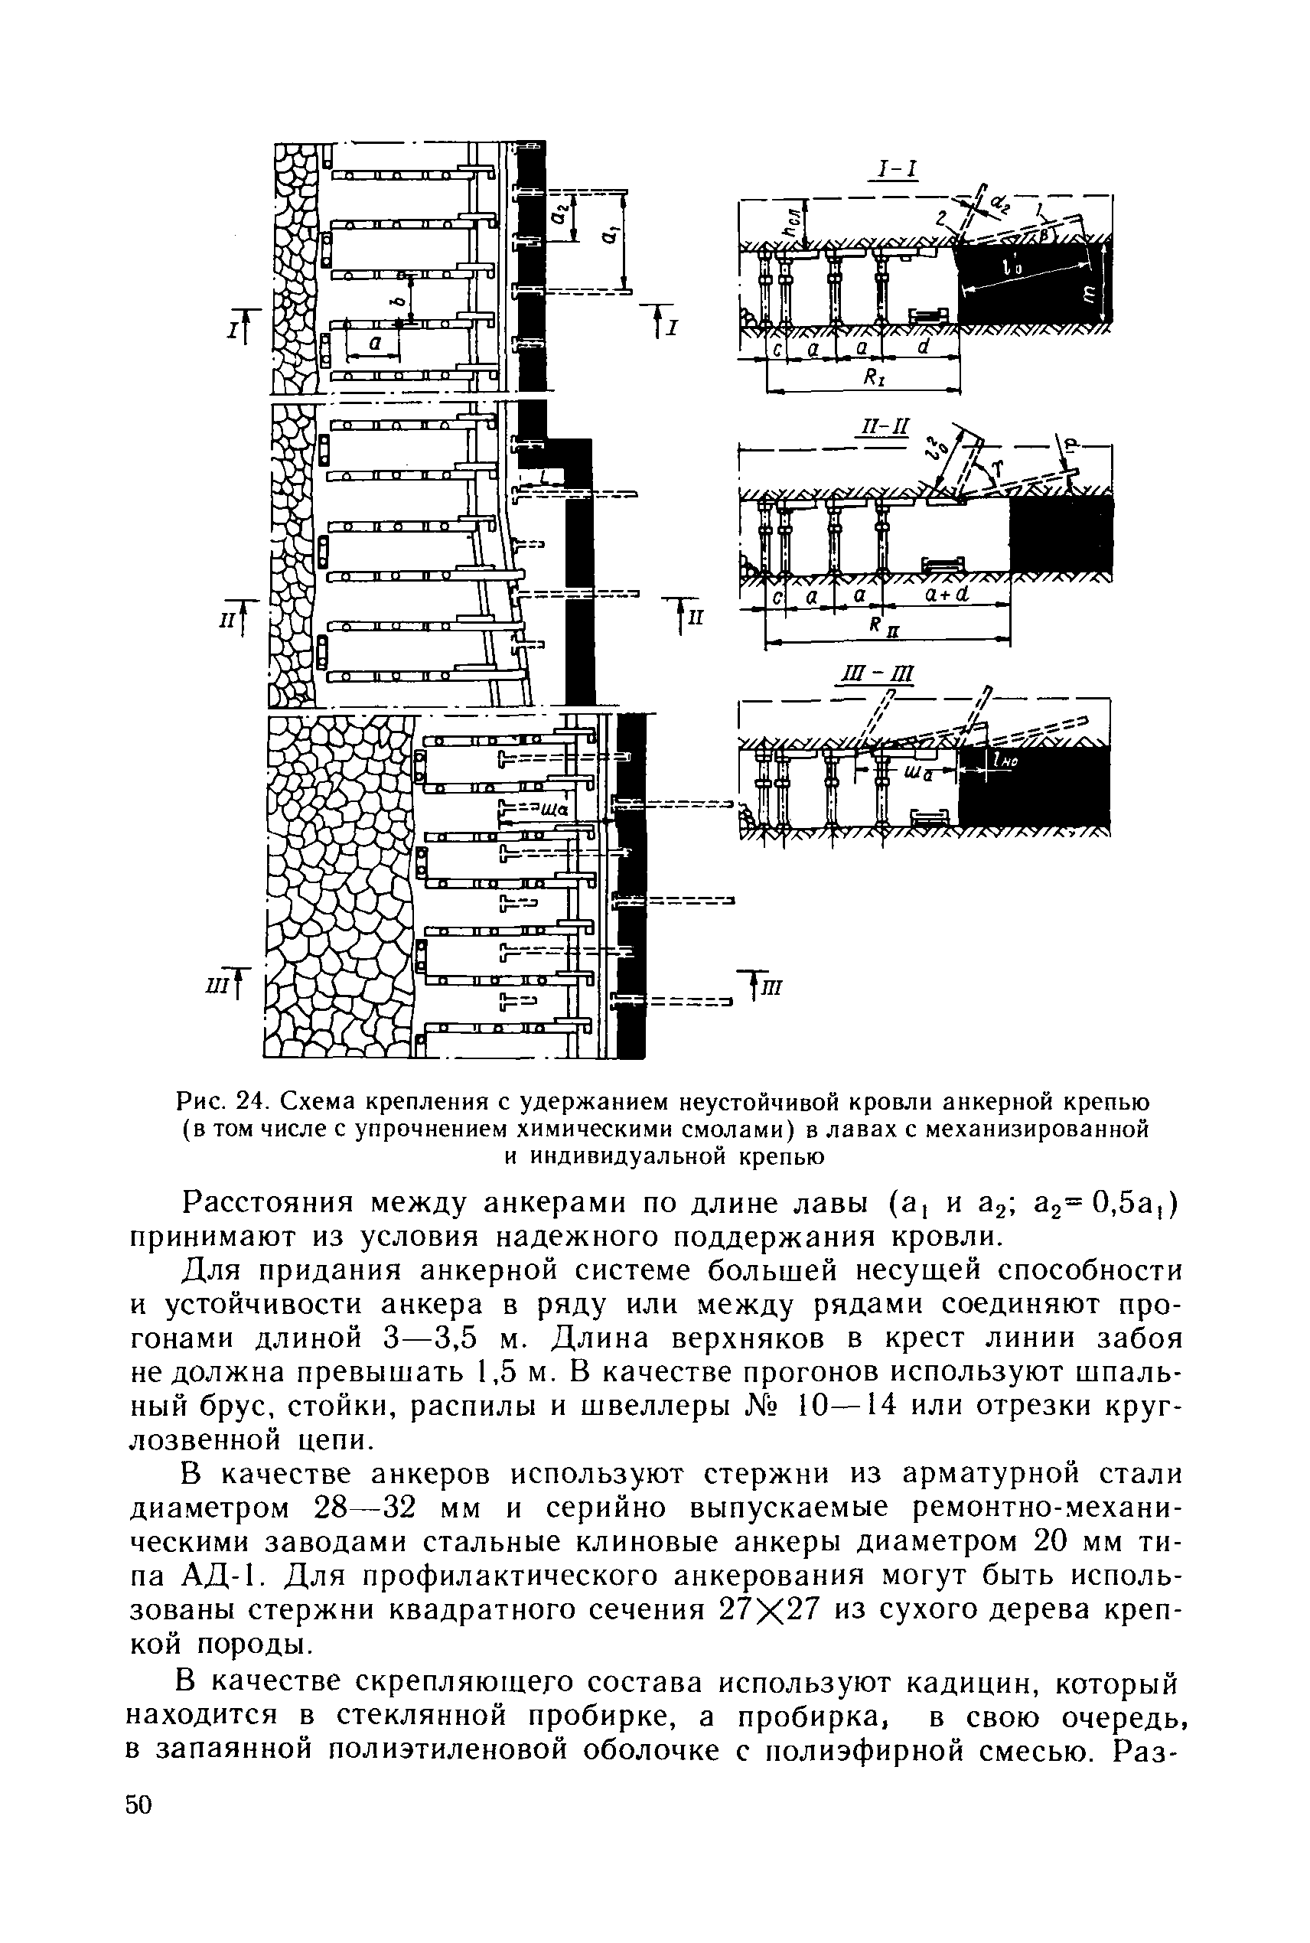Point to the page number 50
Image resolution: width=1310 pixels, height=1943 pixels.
tap(139, 1804)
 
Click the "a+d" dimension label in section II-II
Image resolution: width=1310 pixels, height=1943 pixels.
tap(947, 595)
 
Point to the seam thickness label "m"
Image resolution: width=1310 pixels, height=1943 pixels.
tap(1089, 292)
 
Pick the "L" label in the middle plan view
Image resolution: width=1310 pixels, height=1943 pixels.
tap(545, 477)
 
